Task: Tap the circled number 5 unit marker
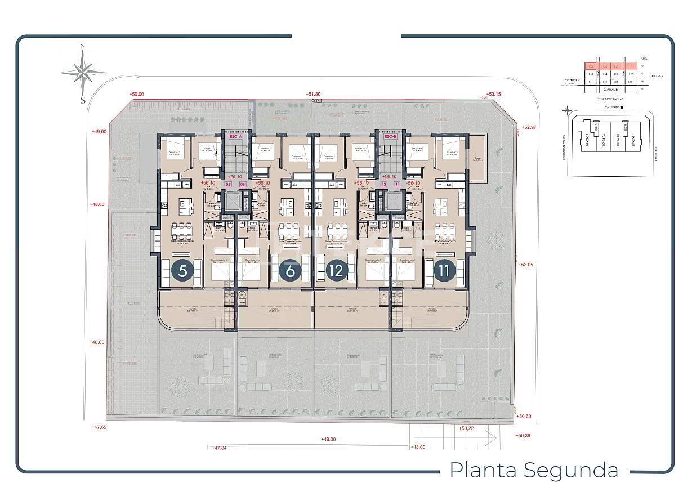pyautogui.click(x=183, y=271)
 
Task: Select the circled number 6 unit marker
pyautogui.click(x=291, y=271)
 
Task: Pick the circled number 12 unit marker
pyautogui.click(x=337, y=271)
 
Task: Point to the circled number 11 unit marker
pyautogui.click(x=445, y=271)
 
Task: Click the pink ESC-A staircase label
pyautogui.click(x=235, y=136)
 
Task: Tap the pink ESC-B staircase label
pyautogui.click(x=391, y=136)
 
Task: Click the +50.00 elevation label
pyautogui.click(x=136, y=95)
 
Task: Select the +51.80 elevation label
pyautogui.click(x=313, y=94)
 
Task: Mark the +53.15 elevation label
pyautogui.click(x=493, y=94)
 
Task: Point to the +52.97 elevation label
pyautogui.click(x=530, y=127)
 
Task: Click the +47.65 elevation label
pyautogui.click(x=99, y=427)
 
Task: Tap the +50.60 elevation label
pyautogui.click(x=524, y=416)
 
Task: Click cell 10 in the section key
pyautogui.click(x=615, y=74)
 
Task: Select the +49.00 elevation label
pyautogui.click(x=99, y=131)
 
